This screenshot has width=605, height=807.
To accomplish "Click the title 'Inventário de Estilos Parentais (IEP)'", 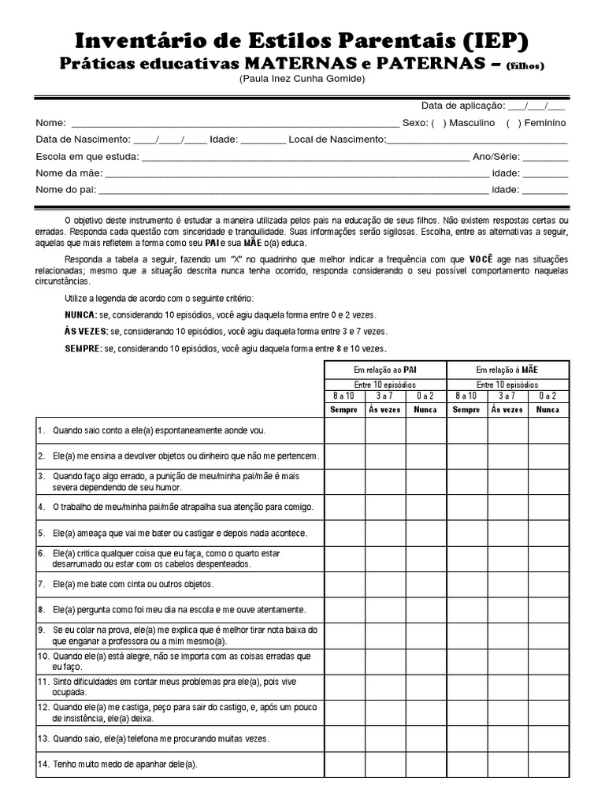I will (302, 41).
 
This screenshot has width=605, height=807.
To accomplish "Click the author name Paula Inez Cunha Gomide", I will (302, 80).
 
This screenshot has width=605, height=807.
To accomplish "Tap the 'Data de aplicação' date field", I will (536, 106).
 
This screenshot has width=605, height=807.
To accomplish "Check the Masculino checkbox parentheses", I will (438, 123).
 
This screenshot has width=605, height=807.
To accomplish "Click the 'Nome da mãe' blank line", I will (296, 173).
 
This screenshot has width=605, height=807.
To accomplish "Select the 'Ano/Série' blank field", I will (544, 156).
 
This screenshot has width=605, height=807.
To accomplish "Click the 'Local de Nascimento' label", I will (336, 139).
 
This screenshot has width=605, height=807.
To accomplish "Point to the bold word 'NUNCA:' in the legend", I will (80, 314).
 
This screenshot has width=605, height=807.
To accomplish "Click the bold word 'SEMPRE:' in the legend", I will (83, 348).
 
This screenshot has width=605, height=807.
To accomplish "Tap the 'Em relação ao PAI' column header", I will (385, 370).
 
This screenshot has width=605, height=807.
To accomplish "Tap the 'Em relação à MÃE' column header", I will (507, 370).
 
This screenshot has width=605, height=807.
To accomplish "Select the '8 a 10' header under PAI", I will (344, 396).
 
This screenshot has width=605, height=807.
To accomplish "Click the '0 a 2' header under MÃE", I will (547, 396).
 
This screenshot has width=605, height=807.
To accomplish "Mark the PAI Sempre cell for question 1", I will (344, 431).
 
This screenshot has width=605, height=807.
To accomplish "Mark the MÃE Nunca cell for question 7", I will (547, 585).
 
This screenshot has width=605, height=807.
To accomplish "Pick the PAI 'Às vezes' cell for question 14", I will (385, 764).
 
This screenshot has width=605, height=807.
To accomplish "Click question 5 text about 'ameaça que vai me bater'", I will (180, 534).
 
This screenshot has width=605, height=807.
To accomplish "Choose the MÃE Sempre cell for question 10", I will (467, 661).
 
